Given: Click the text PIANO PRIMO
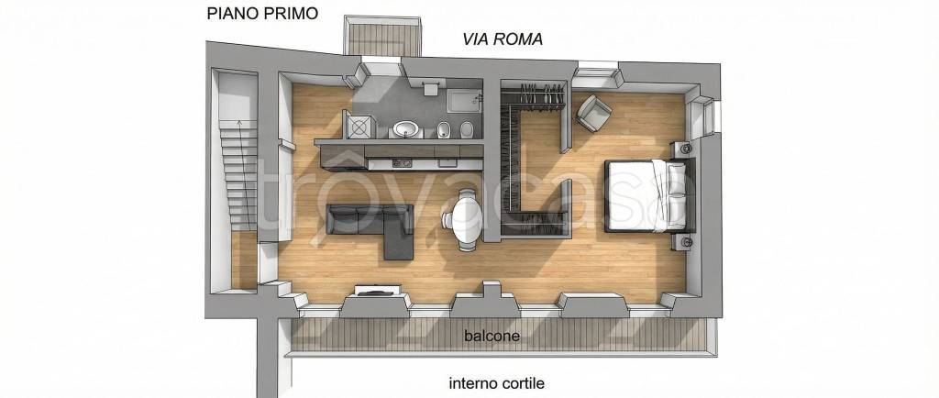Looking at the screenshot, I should [x=262, y=13].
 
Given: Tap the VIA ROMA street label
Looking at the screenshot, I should [x=503, y=39].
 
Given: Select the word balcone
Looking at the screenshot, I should [x=492, y=337].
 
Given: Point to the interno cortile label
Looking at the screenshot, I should [x=503, y=383].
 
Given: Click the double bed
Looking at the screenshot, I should [x=647, y=194].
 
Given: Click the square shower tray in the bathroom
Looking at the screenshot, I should [x=359, y=126].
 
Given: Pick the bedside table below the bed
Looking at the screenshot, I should [x=685, y=242].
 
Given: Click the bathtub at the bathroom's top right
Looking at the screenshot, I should [x=462, y=94].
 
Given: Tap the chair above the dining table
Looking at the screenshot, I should [x=468, y=193].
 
